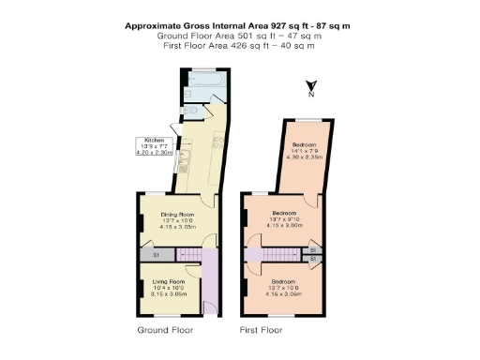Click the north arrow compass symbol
pyautogui.click(x=311, y=89)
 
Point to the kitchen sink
pyautogui.click(x=185, y=167)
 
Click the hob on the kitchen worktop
pyautogui.click(x=217, y=142)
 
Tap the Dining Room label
pyautogui.click(x=176, y=219)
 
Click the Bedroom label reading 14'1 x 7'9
pyautogui.click(x=302, y=150)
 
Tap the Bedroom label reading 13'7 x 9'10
pyautogui.click(x=282, y=219)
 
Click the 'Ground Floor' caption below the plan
pyautogui.click(x=164, y=331)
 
